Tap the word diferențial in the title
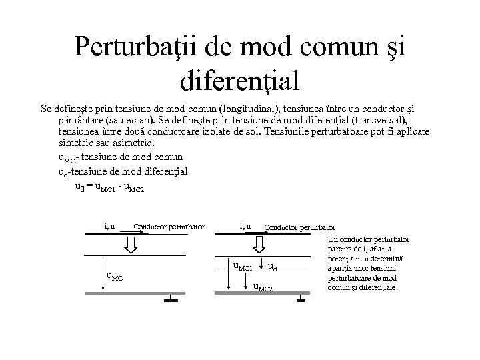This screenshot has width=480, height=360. [240, 81]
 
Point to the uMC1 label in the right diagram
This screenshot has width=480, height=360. [242, 268]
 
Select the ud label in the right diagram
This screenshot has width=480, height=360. [272, 268]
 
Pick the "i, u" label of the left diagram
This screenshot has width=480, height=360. [110, 226]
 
